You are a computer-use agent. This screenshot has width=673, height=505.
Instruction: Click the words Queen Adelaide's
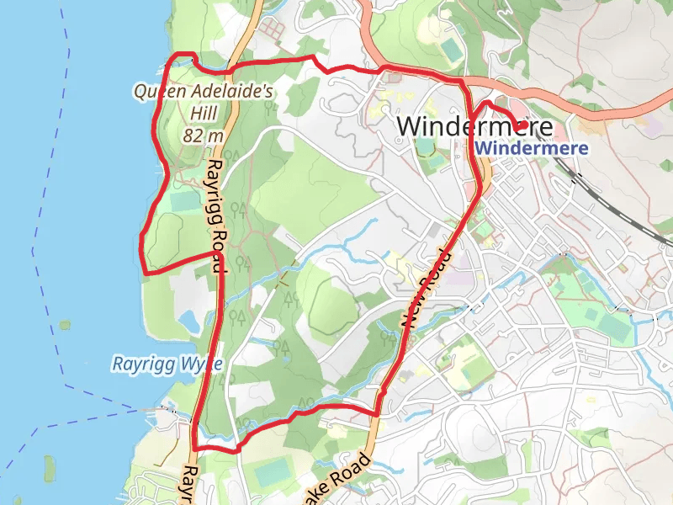tap(204, 91)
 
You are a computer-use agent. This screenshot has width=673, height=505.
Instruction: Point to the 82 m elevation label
tap(202, 135)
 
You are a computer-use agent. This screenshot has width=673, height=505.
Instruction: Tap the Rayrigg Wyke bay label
tap(167, 364)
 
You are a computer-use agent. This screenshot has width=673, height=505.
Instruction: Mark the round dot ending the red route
tap(522, 126)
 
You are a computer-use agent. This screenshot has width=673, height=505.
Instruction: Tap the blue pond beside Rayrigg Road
tap(188, 319)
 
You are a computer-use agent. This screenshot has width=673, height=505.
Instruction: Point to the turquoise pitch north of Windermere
tap(451, 50)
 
